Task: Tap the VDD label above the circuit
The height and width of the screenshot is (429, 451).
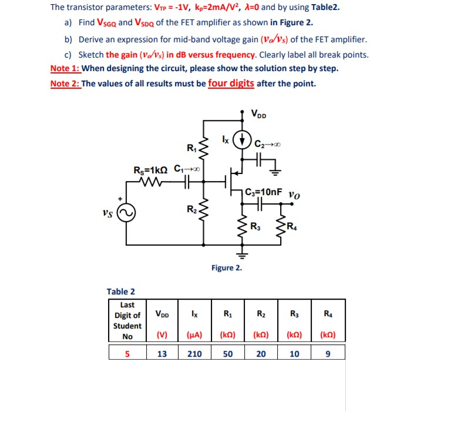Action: [x=258, y=114]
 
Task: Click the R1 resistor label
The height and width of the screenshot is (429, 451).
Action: [x=192, y=147]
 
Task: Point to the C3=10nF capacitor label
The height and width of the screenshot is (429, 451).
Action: [x=265, y=192]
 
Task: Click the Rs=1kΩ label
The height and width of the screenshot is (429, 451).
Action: [x=150, y=170]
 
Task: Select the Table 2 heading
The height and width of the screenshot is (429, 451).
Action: [x=121, y=291]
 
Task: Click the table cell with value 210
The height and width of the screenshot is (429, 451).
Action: [x=194, y=354]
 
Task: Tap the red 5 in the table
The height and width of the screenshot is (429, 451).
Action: [x=127, y=354]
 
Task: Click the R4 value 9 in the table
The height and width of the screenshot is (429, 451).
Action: [x=327, y=354]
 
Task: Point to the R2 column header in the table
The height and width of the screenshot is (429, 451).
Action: [x=261, y=314]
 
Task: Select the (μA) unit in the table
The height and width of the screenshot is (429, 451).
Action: [x=194, y=336]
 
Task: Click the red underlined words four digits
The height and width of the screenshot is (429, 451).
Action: [x=231, y=83]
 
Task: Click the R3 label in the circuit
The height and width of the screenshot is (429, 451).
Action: [x=257, y=227]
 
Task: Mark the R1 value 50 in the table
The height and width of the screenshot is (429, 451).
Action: [x=228, y=354]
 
